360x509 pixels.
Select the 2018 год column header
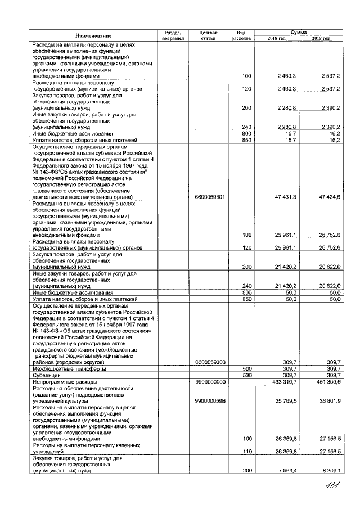pos(277,38)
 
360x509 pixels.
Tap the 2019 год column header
pos(320,38)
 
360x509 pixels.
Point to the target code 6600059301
pos(209,197)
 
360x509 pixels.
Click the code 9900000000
pos(209,381)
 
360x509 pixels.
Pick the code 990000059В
pos(209,401)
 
